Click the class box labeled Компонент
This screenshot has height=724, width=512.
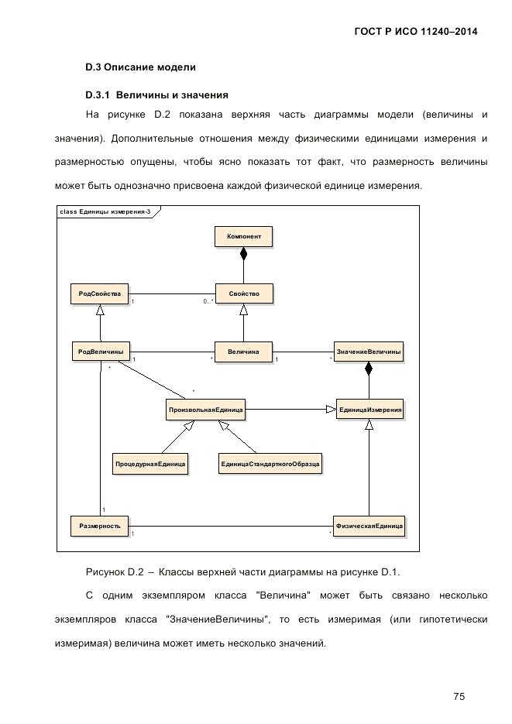tap(244, 235)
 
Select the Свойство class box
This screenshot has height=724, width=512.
tap(244, 293)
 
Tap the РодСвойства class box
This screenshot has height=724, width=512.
tap(100, 293)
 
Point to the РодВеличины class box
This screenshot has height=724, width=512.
tap(100, 351)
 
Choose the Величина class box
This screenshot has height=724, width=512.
tap(244, 351)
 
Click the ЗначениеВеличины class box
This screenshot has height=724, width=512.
tap(369, 351)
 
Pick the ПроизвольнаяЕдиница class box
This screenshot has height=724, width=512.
tap(206, 409)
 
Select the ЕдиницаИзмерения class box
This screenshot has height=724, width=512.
tap(369, 409)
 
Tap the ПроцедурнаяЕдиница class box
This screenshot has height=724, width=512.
tap(150, 464)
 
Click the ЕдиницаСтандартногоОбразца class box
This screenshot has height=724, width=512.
tap(270, 464)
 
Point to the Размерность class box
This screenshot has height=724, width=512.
tap(100, 526)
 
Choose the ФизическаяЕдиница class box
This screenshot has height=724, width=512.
tap(369, 526)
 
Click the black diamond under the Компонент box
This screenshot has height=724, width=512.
tap(244, 252)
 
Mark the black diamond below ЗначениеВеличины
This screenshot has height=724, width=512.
tap(369, 369)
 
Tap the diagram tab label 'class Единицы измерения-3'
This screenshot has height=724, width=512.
tap(104, 211)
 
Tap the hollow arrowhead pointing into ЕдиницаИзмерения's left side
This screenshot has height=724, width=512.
tap(330, 409)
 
